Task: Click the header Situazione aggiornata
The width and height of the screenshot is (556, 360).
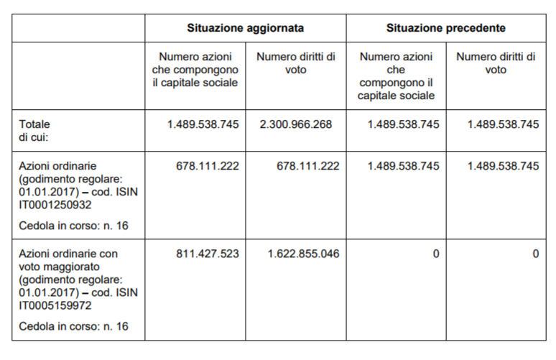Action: click(245, 28)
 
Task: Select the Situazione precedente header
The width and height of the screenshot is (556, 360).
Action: click(445, 28)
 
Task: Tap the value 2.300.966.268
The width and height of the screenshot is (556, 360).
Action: click(296, 124)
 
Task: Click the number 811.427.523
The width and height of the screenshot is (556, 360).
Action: click(203, 254)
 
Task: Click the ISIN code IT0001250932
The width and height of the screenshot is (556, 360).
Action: click(55, 205)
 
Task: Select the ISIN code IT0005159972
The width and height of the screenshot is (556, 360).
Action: click(55, 305)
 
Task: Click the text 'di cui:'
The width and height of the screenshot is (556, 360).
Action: click(33, 136)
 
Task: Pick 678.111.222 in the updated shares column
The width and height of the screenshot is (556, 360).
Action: click(207, 166)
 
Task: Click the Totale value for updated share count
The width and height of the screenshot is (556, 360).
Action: click(203, 124)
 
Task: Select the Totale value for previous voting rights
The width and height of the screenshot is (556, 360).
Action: click(503, 124)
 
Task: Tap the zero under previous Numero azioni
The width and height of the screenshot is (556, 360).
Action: click(436, 254)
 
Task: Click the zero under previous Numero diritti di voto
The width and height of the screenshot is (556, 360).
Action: click(536, 254)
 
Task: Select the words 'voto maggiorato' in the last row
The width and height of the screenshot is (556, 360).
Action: click(57, 267)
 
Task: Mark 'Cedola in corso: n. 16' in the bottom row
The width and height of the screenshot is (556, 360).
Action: click(74, 326)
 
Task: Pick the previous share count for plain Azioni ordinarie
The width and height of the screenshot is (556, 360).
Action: click(403, 166)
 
